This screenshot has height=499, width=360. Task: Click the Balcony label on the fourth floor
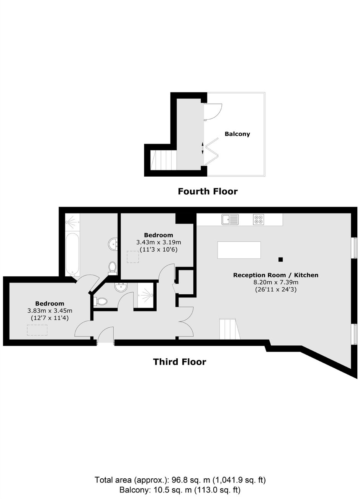click(x=237, y=134)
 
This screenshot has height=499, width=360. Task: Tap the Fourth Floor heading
click(x=208, y=191)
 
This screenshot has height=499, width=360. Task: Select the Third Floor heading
click(x=180, y=361)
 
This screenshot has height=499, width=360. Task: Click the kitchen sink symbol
click(x=230, y=219)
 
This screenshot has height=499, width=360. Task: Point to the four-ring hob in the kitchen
click(x=259, y=219)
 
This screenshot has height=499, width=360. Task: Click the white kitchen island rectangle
click(x=239, y=250)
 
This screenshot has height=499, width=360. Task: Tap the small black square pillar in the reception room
click(x=280, y=259)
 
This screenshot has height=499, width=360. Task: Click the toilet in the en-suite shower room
click(x=101, y=301)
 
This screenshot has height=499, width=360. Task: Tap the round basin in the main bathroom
click(x=113, y=244)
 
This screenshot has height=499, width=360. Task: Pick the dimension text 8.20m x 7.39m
click(x=276, y=282)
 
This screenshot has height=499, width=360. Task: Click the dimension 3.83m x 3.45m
click(x=50, y=310)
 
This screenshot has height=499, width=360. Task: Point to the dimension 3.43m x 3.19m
click(x=159, y=242)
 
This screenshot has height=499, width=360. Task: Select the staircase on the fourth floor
click(x=164, y=160)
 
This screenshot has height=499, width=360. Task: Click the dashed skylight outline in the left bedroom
click(x=37, y=330)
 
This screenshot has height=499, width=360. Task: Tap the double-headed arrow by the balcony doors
click(x=202, y=148)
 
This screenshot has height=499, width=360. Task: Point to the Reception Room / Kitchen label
click(x=276, y=275)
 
